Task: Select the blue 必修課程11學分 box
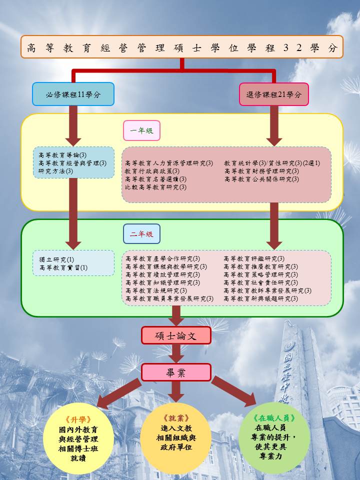point(73,94)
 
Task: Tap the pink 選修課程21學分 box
point(273,94)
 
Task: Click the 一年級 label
point(141,131)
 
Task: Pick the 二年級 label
point(141,233)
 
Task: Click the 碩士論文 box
point(176,335)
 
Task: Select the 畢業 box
point(176,372)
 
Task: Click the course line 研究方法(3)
point(56,171)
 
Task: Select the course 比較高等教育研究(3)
point(155,187)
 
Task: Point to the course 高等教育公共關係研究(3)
point(261,179)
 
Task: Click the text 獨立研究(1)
point(56,259)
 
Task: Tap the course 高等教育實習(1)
point(63,268)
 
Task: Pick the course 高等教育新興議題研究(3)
point(261,298)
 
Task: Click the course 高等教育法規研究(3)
point(156,290)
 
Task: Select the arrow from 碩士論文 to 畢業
point(176,354)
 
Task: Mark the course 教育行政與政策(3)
point(152,171)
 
